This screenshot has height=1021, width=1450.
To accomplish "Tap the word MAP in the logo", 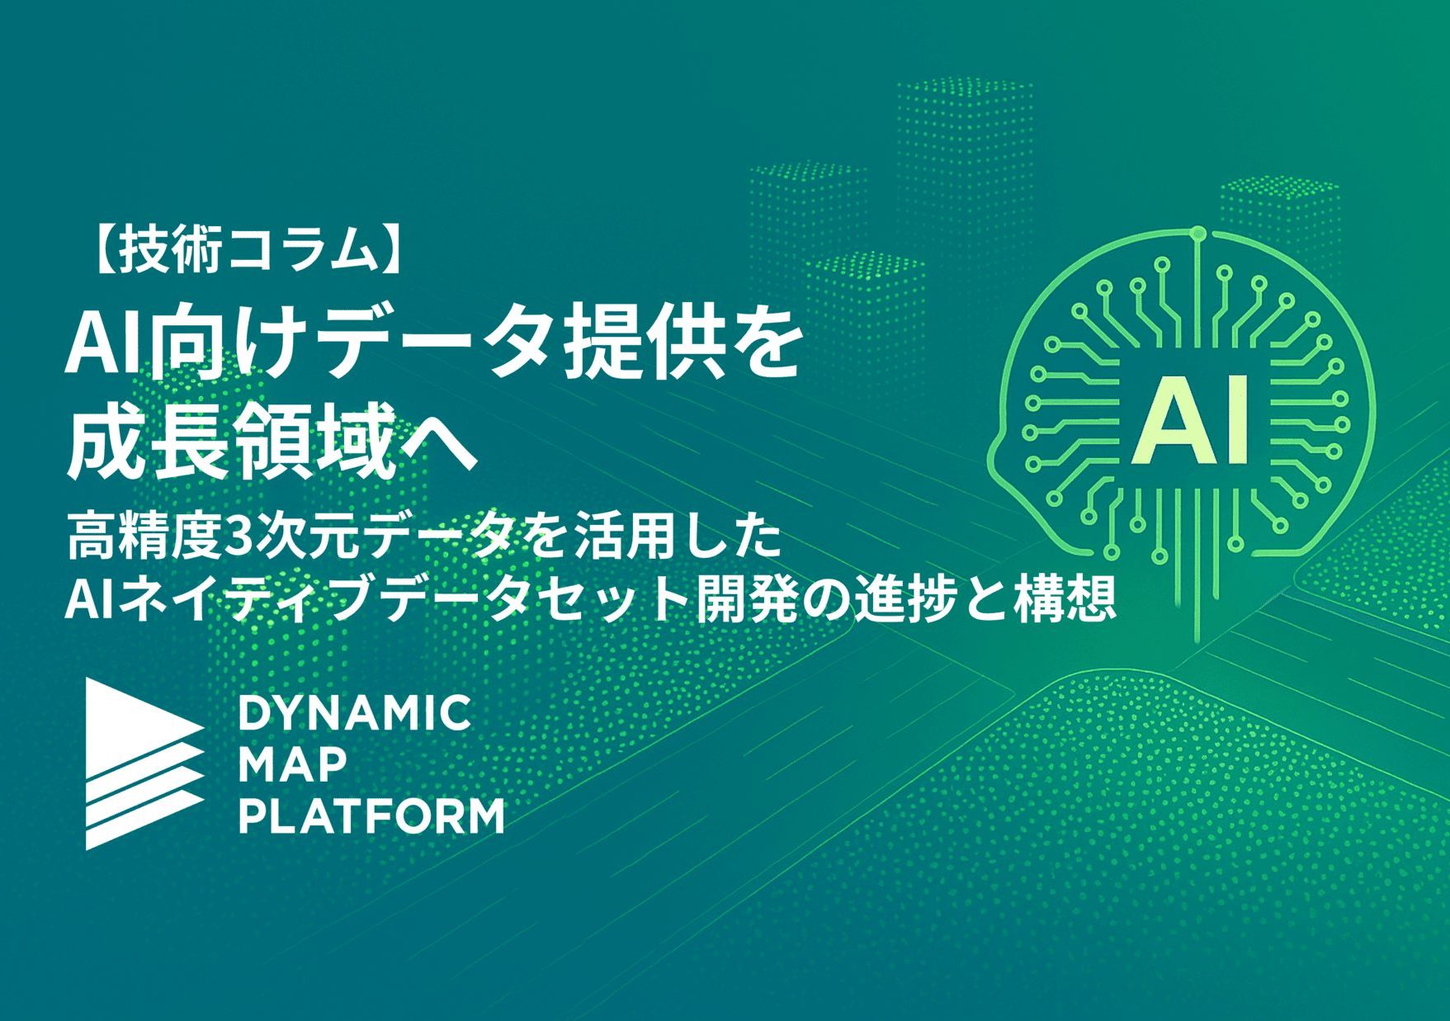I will tap(292, 765).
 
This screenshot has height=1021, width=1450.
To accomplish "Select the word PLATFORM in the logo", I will tap(371, 816).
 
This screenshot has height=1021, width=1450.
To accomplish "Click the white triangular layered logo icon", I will tap(140, 763).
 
